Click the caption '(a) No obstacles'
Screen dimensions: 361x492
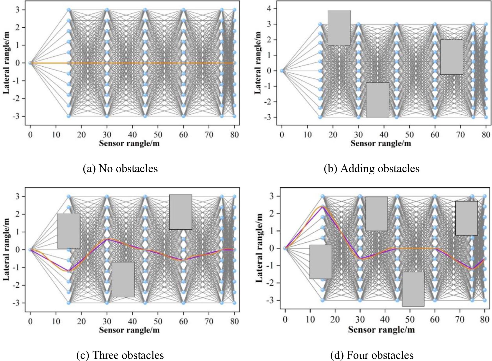[x=120, y=169]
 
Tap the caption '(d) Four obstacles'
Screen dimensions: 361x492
[x=372, y=355]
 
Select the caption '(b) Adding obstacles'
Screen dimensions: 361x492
[x=371, y=169]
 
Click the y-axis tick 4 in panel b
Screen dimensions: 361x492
[x=269, y=9]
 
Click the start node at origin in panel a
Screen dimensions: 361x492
[x=30, y=63]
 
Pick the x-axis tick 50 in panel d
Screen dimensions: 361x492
[x=410, y=320]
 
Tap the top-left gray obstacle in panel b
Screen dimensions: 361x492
[x=339, y=28]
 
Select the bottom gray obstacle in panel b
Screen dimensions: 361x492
[x=378, y=100]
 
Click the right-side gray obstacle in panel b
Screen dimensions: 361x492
[x=451, y=57]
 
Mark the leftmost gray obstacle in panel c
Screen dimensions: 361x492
[x=68, y=231]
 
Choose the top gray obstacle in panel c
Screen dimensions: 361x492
[x=181, y=212]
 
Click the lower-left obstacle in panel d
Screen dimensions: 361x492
[x=320, y=262]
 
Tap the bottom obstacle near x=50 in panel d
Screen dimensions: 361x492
[x=413, y=289]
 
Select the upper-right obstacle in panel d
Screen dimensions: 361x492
[x=466, y=218]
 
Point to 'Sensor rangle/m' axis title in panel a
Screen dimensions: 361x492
[x=129, y=143]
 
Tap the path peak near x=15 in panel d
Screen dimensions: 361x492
[x=322, y=207]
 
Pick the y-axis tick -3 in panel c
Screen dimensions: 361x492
[x=17, y=303]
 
